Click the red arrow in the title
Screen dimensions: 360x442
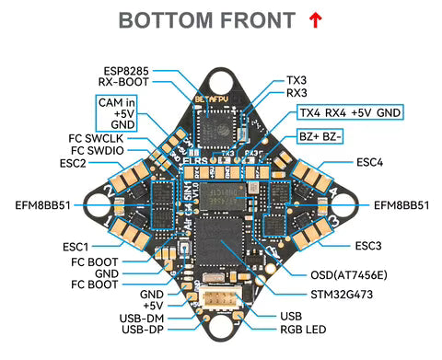click(316, 19)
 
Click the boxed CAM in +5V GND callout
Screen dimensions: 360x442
click(118, 112)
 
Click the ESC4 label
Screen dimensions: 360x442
click(369, 163)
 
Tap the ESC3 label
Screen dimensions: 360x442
click(368, 246)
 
